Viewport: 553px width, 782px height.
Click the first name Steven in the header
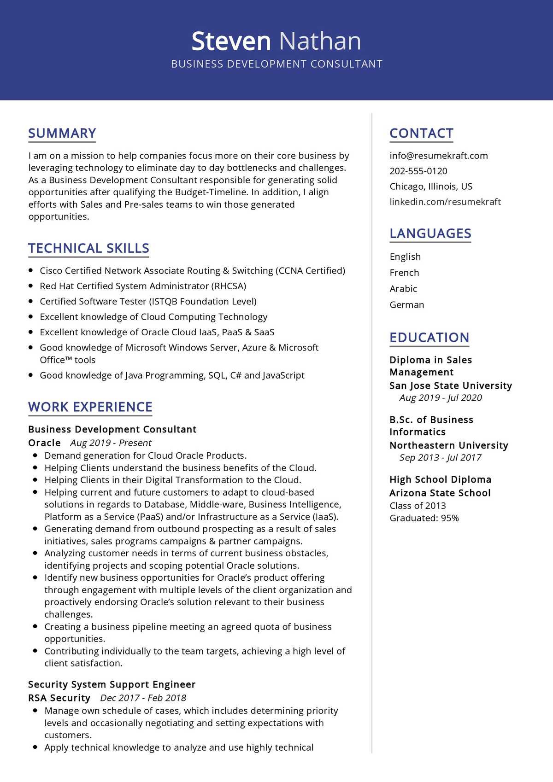pyautogui.click(x=231, y=41)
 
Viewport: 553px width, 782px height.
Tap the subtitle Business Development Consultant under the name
pyautogui.click(x=276, y=64)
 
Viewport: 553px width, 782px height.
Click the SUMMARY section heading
pyautogui.click(x=62, y=133)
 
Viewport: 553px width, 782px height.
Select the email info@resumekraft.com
pyautogui.click(x=438, y=156)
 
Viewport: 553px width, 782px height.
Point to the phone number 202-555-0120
pyautogui.click(x=418, y=171)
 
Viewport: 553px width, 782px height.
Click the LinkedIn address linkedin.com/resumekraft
pyautogui.click(x=445, y=202)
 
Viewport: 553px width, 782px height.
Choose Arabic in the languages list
pyautogui.click(x=403, y=289)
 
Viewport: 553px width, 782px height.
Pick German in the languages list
pyautogui.click(x=406, y=305)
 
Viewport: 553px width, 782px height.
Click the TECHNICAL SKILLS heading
pyautogui.click(x=88, y=248)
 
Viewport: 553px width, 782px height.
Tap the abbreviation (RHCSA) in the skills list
pyautogui.click(x=229, y=286)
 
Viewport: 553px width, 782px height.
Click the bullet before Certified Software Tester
pyautogui.click(x=31, y=301)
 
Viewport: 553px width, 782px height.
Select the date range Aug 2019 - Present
pyautogui.click(x=111, y=443)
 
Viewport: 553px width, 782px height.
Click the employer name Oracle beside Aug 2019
pyautogui.click(x=44, y=443)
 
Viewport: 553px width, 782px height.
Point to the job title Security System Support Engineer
pyautogui.click(x=112, y=684)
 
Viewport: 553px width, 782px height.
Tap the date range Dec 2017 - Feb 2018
pyautogui.click(x=143, y=698)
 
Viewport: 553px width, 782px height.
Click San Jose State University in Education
pyautogui.click(x=450, y=385)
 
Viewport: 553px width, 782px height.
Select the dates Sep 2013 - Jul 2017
pyautogui.click(x=440, y=457)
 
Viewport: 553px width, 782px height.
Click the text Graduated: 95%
pyautogui.click(x=424, y=518)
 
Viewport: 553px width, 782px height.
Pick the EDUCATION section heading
pyautogui.click(x=429, y=338)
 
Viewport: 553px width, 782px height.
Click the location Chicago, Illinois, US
pyautogui.click(x=430, y=187)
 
